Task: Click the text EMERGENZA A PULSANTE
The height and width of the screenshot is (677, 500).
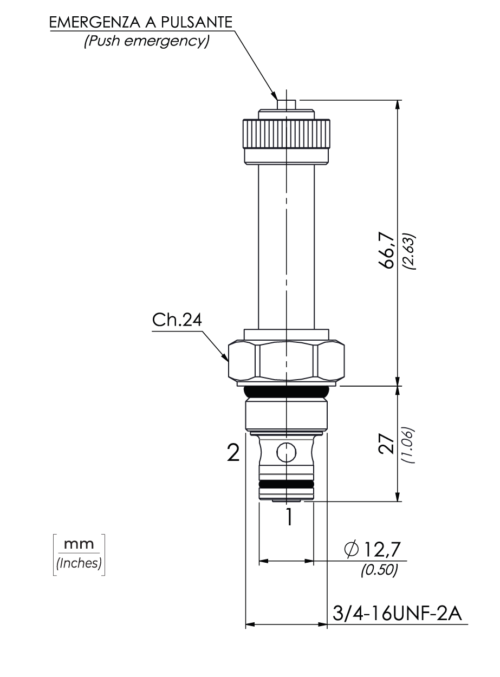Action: pos(141,23)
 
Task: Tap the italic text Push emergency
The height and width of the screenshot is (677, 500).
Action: pos(147,41)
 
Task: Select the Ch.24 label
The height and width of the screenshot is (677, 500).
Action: pos(177,320)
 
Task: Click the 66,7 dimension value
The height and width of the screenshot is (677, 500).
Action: pos(387,250)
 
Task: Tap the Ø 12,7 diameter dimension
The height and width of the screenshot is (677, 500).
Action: pos(372,549)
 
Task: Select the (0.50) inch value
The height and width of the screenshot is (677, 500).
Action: pos(380,570)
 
